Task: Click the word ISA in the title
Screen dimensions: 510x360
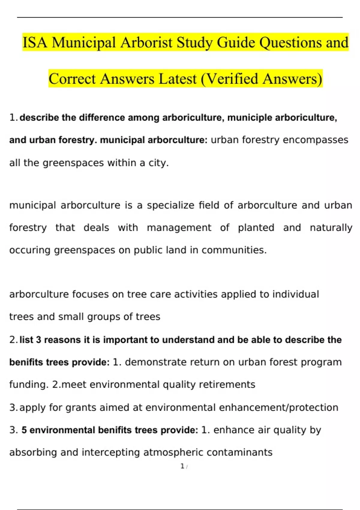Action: [x=35, y=42]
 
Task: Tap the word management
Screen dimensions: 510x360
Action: [x=179, y=228]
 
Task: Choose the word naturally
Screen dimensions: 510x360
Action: [x=331, y=228]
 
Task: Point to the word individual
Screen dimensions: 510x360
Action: [x=295, y=294]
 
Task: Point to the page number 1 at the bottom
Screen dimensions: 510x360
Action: [x=182, y=466]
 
